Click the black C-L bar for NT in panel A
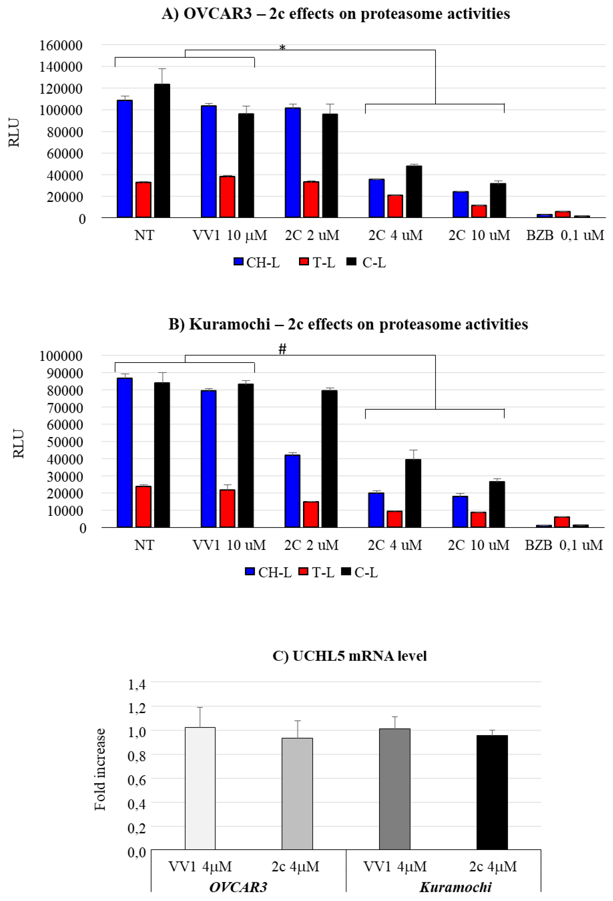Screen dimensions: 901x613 point(162,151)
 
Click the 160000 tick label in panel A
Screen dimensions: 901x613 point(61,45)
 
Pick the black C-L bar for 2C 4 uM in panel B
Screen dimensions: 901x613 point(413,493)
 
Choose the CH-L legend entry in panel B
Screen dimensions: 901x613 point(268,572)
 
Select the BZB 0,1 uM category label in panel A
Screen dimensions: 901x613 point(565,235)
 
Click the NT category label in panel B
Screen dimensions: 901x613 point(144,545)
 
